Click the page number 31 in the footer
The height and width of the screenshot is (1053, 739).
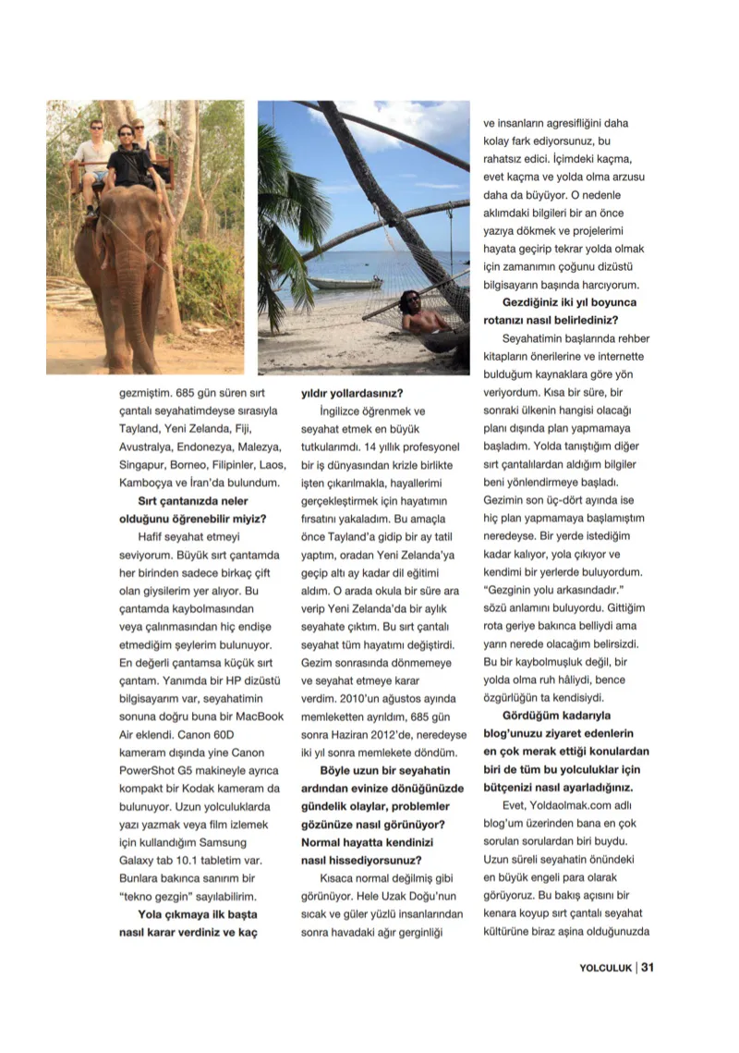(648, 968)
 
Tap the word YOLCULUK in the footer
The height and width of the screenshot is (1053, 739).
(605, 968)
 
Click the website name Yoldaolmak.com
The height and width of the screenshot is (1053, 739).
(553, 805)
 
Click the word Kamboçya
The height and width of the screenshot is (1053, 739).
(150, 483)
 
